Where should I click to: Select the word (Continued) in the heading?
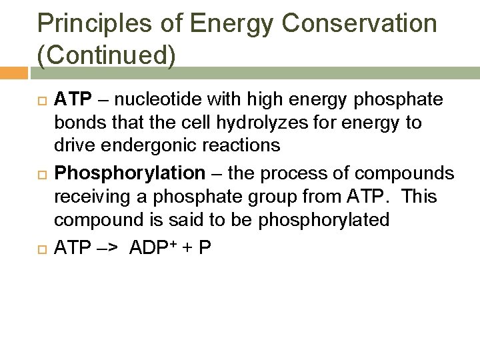click(107, 56)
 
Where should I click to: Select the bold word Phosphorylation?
click(130, 173)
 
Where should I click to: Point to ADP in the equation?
click(150, 247)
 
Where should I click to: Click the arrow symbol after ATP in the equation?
click(106, 247)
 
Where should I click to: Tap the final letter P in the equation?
click(205, 247)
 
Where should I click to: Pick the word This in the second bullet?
click(424, 197)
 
